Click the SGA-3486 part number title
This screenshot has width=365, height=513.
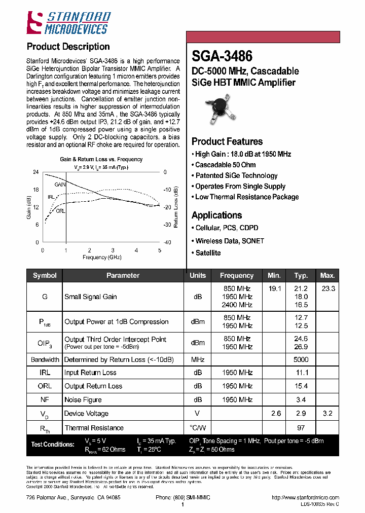pyautogui.click(x=222, y=55)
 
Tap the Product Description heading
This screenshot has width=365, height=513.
pyautogui.click(x=68, y=47)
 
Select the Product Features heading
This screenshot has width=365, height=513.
pyautogui.click(x=227, y=141)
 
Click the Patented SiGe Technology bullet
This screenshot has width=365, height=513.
pyautogui.click(x=236, y=175)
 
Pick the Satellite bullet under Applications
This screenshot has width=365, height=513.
pyautogui.click(x=208, y=252)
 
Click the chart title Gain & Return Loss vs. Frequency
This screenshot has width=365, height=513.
pyautogui.click(x=101, y=159)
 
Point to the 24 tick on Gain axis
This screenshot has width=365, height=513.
pyautogui.click(x=36, y=172)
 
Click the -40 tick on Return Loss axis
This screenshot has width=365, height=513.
pyautogui.click(x=167, y=242)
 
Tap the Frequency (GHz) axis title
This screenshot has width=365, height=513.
pyautogui.click(x=101, y=258)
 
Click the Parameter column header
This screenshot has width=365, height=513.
pyautogui.click(x=123, y=275)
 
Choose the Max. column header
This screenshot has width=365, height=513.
pyautogui.click(x=327, y=275)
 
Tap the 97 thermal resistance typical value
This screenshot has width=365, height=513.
pyautogui.click(x=301, y=428)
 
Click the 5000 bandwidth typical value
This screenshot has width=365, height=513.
pyautogui.click(x=301, y=359)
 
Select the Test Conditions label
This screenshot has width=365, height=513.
pyautogui.click(x=53, y=445)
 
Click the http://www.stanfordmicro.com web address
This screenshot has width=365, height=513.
pyautogui.click(x=305, y=498)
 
